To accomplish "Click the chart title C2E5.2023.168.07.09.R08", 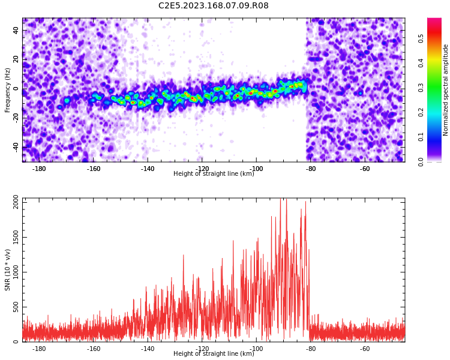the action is pyautogui.click(x=213, y=5).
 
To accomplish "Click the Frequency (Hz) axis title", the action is pyautogui.click(x=7, y=90).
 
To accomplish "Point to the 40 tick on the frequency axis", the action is pyautogui.click(x=16, y=30).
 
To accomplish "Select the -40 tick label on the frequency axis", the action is pyautogui.click(x=16, y=148).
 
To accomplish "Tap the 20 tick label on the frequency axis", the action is pyautogui.click(x=16, y=59).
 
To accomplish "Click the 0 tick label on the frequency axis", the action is pyautogui.click(x=16, y=89).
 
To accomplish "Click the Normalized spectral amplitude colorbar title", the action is pyautogui.click(x=445, y=90).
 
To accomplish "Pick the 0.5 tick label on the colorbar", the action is pyautogui.click(x=421, y=38).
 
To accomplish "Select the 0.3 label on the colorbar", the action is pyautogui.click(x=421, y=88).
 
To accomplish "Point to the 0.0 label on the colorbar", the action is pyautogui.click(x=421, y=162).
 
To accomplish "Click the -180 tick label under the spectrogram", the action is pyautogui.click(x=39, y=169).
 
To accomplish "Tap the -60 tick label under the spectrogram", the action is pyautogui.click(x=365, y=169).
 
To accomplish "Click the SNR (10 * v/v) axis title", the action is pyautogui.click(x=7, y=270).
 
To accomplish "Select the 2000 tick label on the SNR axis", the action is pyautogui.click(x=16, y=202).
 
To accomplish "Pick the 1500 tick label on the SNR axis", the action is pyautogui.click(x=16, y=237).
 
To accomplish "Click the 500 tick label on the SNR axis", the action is pyautogui.click(x=16, y=307).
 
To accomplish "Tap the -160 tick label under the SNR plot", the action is pyautogui.click(x=93, y=349).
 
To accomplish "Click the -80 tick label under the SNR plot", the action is pyautogui.click(x=311, y=349).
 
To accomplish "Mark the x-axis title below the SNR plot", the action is pyautogui.click(x=214, y=353).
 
